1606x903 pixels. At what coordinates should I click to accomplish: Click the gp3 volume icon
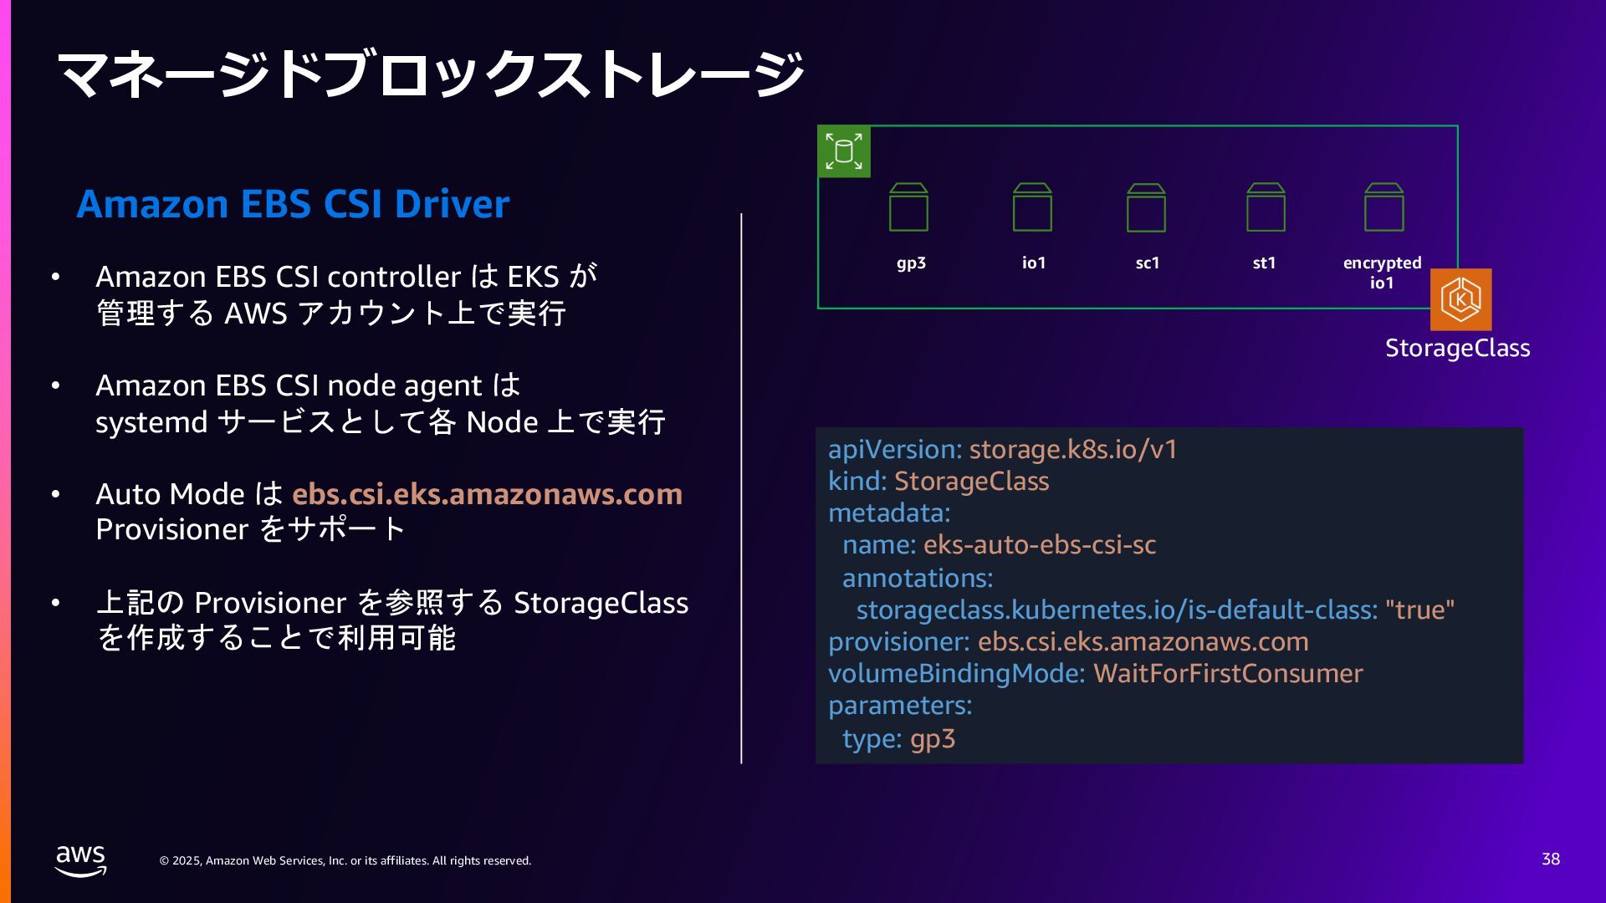[908, 207]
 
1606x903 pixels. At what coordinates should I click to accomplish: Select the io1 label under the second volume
[1034, 263]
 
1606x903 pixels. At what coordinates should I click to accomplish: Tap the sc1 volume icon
[1146, 207]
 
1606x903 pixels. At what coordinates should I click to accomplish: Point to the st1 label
[1264, 263]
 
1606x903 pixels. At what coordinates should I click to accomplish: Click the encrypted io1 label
[1382, 273]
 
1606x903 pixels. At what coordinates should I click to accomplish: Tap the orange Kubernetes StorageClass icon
[1460, 299]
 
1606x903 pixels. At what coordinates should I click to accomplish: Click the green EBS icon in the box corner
[844, 151]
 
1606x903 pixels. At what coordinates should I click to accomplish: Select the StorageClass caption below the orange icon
[1457, 348]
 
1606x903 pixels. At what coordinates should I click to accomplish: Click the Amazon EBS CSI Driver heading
[293, 204]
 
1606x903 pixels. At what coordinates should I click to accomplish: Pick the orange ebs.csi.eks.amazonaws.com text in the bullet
[487, 494]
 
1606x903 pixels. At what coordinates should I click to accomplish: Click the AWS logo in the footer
[80, 860]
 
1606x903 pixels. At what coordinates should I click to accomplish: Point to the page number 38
[1550, 859]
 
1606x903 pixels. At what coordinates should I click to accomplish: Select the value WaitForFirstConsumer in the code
[1228, 674]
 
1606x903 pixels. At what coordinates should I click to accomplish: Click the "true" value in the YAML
[1419, 610]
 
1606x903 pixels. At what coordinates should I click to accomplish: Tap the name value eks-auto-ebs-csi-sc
[1040, 545]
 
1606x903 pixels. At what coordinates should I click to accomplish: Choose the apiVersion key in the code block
[894, 450]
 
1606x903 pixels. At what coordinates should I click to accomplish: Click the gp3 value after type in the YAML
[933, 739]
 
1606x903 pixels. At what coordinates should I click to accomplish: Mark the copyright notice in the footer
[345, 860]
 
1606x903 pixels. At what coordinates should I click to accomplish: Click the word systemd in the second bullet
[151, 422]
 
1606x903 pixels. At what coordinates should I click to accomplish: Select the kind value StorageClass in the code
[971, 482]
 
